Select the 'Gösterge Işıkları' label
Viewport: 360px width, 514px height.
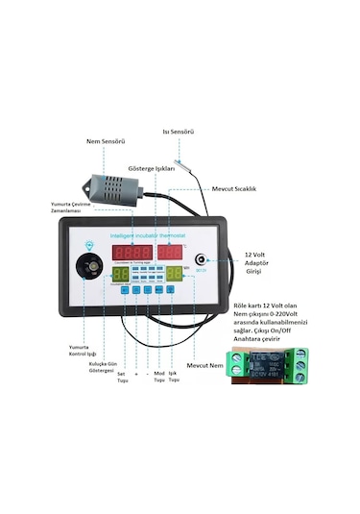152,168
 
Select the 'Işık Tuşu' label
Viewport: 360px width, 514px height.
174,378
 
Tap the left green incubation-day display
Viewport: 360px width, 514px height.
121,274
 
